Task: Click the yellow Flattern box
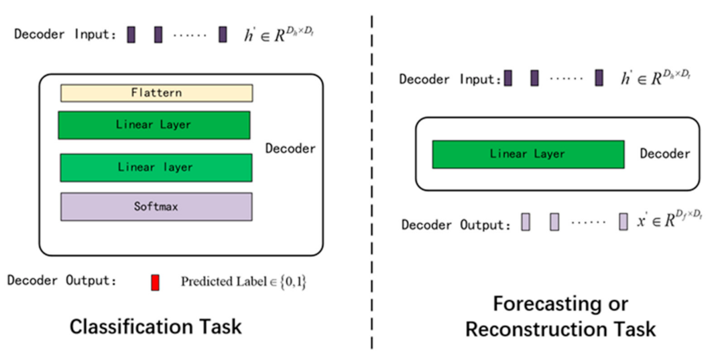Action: click(156, 93)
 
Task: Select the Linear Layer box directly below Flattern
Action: click(154, 125)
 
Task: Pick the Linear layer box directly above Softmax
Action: click(156, 168)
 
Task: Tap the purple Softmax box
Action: click(156, 206)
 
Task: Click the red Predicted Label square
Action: click(155, 282)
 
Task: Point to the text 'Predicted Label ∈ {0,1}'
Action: click(243, 282)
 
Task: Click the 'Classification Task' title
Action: click(156, 326)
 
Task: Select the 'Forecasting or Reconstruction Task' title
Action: click(560, 316)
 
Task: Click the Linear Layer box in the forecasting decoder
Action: click(528, 154)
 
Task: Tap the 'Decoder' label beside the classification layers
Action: click(290, 148)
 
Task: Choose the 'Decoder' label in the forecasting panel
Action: click(664, 154)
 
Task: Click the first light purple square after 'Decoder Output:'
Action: click(526, 223)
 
